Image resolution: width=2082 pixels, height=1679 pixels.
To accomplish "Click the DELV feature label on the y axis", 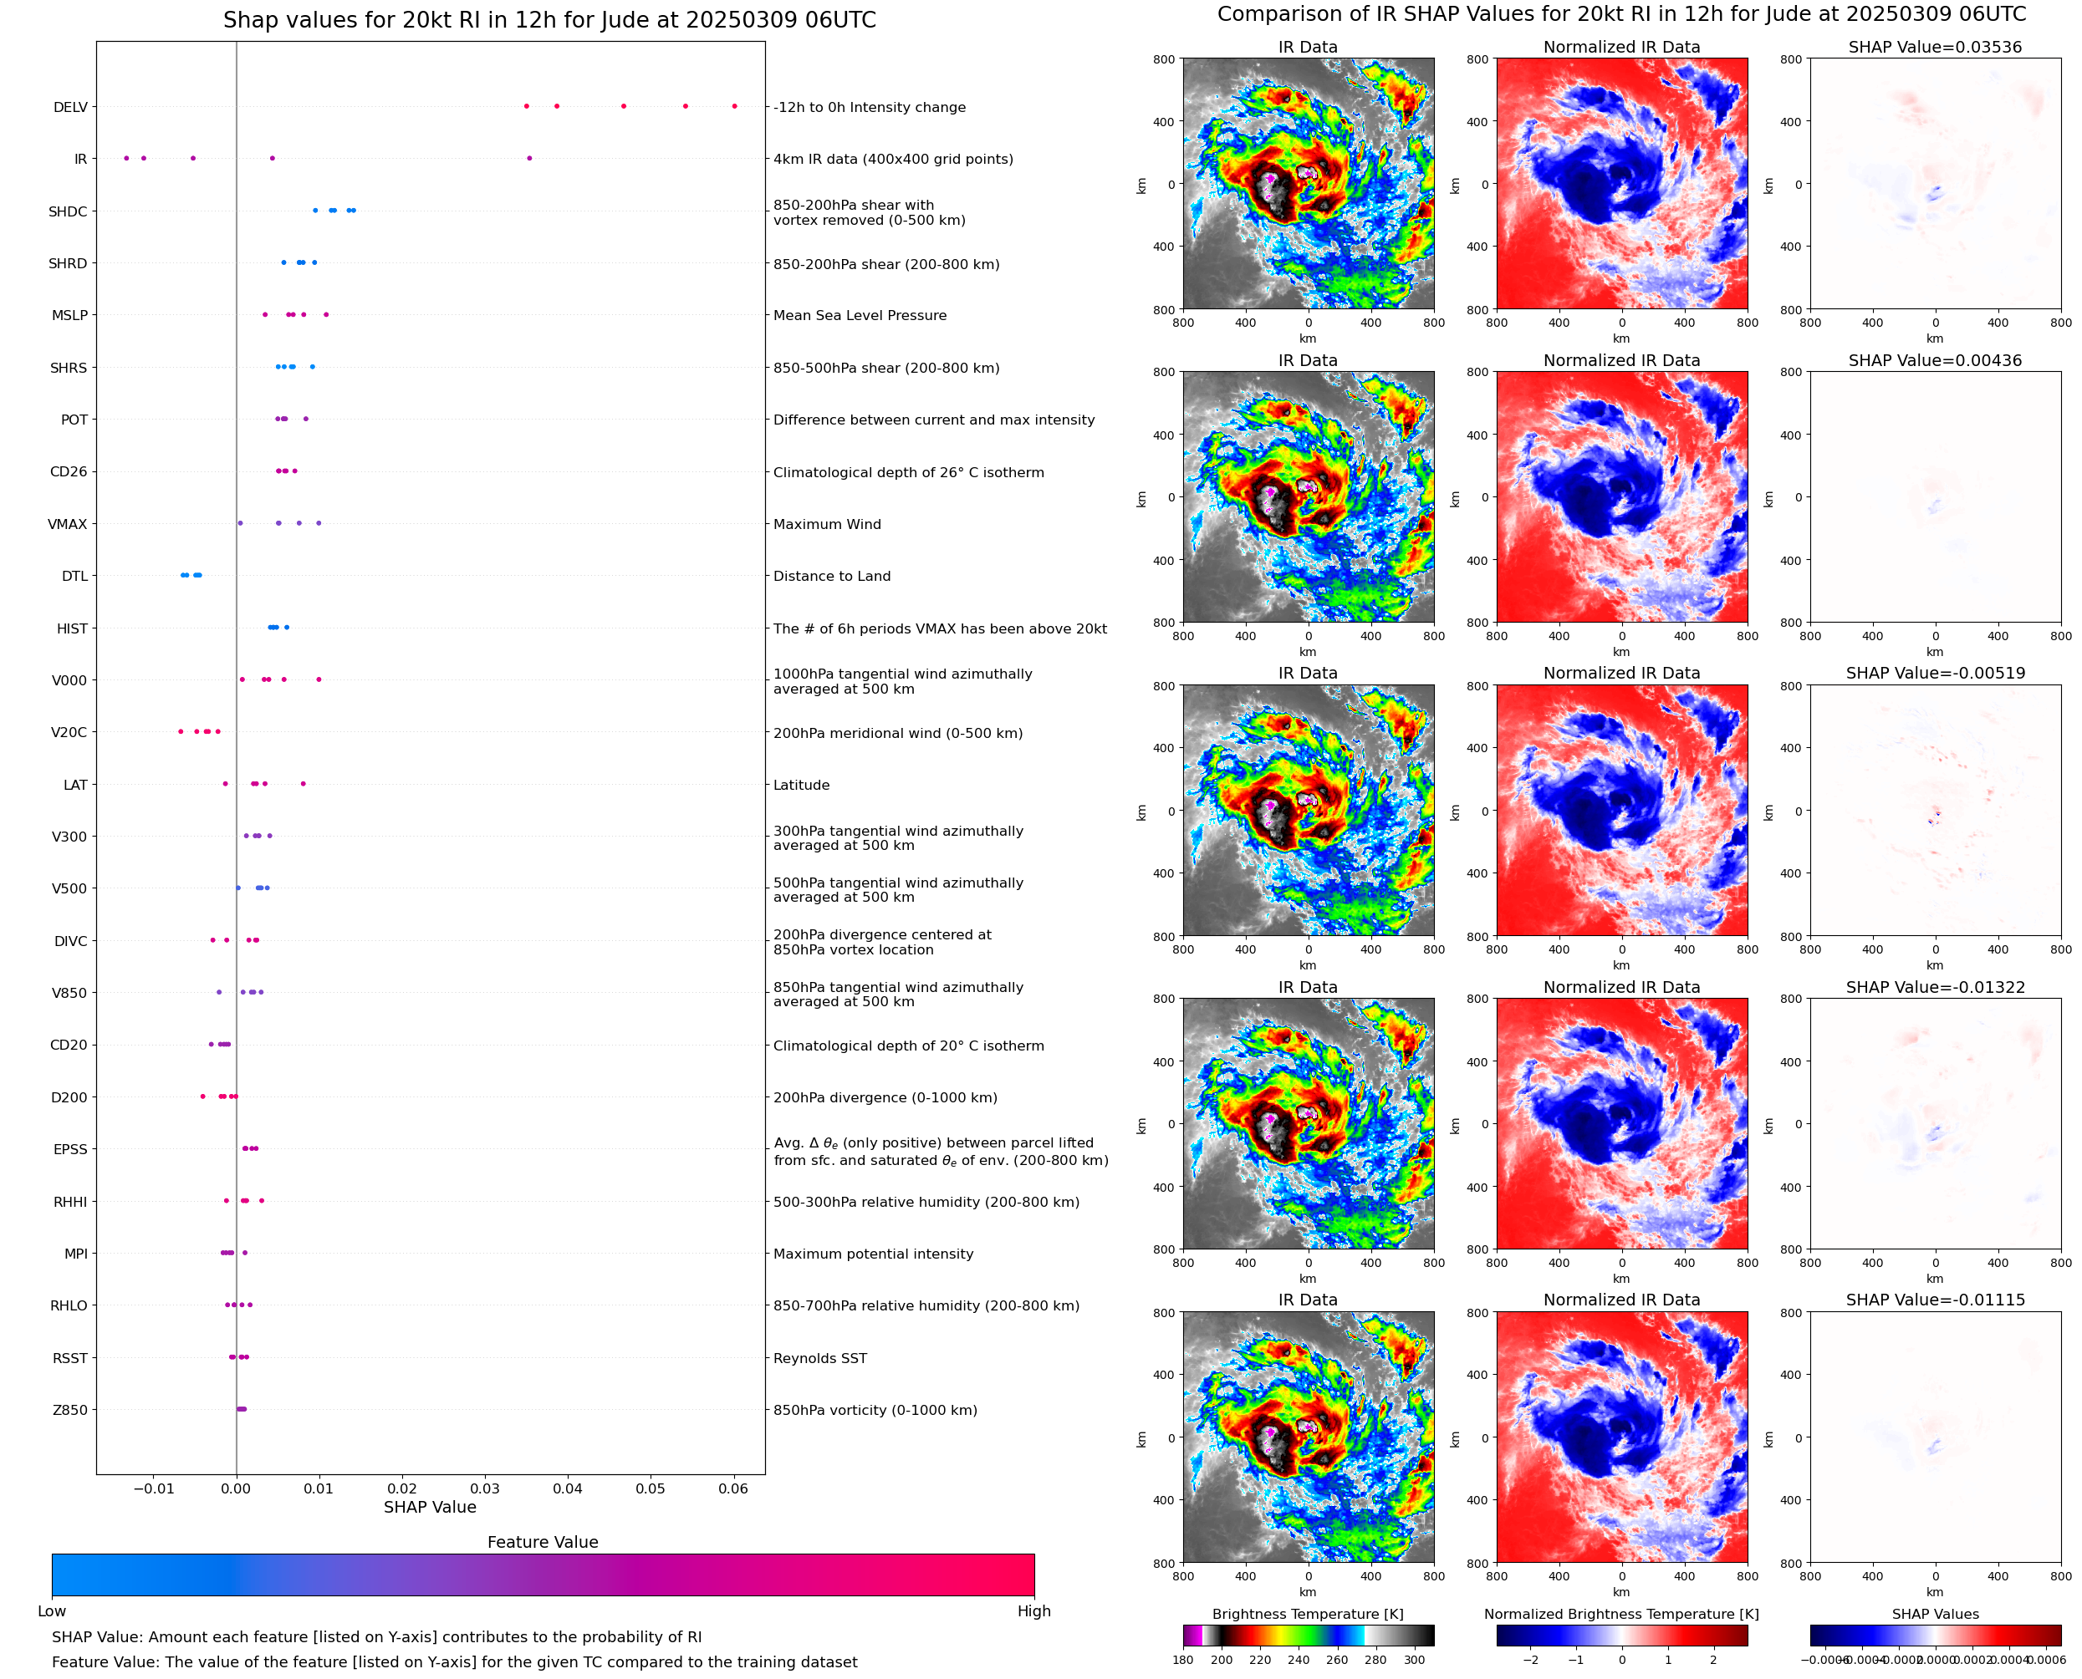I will tap(69, 107).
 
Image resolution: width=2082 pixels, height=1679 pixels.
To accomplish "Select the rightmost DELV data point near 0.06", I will tap(734, 106).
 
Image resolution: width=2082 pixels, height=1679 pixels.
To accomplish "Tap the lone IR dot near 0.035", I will tap(528, 159).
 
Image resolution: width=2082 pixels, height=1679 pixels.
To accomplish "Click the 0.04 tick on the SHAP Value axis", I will tap(568, 1488).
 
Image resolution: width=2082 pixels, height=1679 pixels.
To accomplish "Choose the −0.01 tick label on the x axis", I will tap(153, 1488).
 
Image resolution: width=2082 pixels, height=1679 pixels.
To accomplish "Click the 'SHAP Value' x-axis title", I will tap(430, 1507).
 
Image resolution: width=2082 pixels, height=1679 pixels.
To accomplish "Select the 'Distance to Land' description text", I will tap(831, 577).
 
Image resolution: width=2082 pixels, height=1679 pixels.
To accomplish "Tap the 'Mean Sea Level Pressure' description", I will tap(859, 315).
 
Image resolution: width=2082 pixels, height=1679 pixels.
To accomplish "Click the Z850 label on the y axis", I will tap(69, 1410).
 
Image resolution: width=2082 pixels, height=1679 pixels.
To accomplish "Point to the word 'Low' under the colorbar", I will tap(51, 1611).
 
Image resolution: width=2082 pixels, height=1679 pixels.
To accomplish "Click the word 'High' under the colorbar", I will tap(1033, 1611).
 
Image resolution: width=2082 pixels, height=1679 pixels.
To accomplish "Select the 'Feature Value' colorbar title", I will tap(542, 1543).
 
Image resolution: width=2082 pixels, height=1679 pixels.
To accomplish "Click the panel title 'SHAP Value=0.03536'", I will tap(1935, 48).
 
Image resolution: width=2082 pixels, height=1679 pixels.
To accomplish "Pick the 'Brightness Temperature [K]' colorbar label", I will tap(1307, 1614).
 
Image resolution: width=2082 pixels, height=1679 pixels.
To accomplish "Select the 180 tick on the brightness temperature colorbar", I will tap(1183, 1660).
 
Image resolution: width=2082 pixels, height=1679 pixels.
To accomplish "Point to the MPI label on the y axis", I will tap(75, 1254).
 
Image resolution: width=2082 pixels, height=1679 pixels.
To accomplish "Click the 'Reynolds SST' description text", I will tap(819, 1358).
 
